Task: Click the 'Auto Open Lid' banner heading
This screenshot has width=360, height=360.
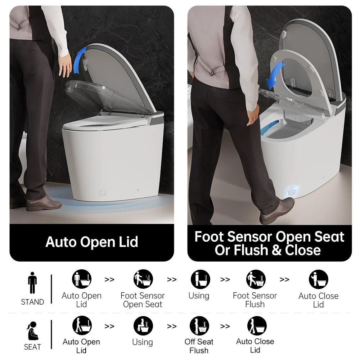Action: click(92, 242)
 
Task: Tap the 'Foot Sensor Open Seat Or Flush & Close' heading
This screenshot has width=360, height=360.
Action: click(269, 243)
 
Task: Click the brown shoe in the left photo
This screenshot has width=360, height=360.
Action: click(44, 204)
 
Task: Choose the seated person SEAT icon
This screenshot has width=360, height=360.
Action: click(32, 331)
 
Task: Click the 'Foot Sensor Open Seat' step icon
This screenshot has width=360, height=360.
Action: click(143, 279)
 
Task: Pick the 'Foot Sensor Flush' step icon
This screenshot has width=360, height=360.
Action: click(256, 279)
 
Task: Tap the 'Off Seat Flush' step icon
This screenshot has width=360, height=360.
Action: click(199, 326)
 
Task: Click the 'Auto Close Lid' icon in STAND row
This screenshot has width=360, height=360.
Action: click(318, 279)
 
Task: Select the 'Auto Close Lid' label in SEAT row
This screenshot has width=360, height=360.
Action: click(255, 346)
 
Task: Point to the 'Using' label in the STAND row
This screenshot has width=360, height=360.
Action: click(199, 296)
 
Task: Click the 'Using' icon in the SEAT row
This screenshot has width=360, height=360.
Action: click(143, 326)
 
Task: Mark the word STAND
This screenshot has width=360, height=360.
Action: click(32, 302)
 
